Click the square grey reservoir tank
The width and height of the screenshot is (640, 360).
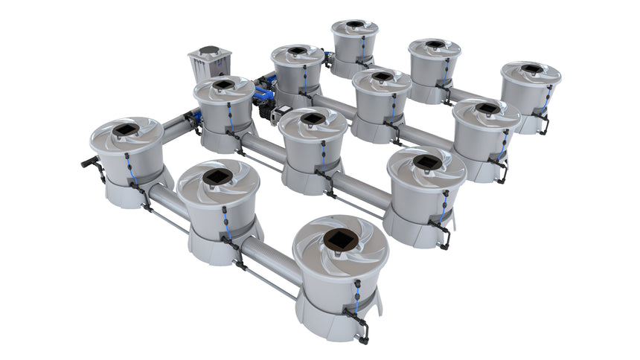click(x=209, y=66)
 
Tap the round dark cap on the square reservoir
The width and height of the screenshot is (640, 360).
click(x=209, y=52)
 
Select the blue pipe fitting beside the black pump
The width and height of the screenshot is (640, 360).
click(x=263, y=93)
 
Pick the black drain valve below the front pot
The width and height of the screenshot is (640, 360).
click(x=362, y=327)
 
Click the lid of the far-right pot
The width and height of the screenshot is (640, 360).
click(x=531, y=73)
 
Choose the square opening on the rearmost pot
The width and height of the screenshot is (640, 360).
click(x=355, y=25)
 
